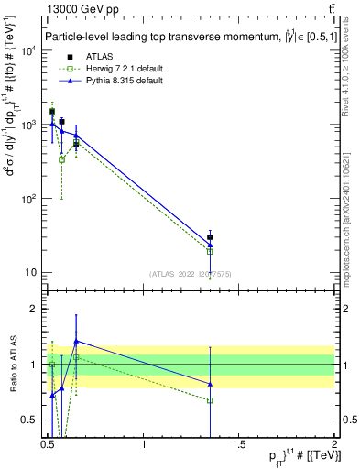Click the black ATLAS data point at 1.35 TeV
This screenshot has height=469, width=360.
(211, 237)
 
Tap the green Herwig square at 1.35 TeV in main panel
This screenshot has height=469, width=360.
(211, 251)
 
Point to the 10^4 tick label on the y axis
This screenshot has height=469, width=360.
(29, 50)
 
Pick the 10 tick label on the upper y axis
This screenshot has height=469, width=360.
(31, 273)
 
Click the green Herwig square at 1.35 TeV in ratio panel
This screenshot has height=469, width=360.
(211, 400)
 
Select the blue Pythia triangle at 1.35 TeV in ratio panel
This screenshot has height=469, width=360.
(211, 384)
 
